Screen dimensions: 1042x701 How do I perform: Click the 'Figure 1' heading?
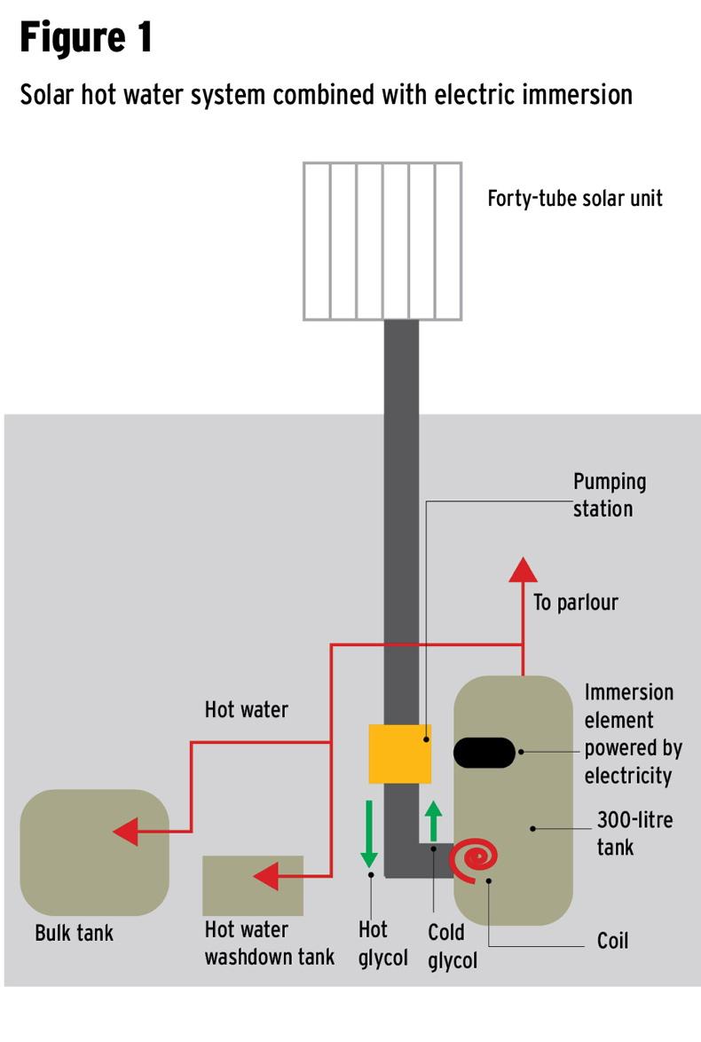click(x=86, y=39)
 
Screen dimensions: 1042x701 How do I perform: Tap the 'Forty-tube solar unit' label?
click(x=574, y=198)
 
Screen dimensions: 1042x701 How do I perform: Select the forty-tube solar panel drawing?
click(x=382, y=241)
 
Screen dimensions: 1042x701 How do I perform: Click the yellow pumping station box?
click(x=399, y=754)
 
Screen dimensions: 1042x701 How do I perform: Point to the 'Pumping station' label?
click(x=609, y=495)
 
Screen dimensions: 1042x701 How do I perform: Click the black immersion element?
click(x=484, y=752)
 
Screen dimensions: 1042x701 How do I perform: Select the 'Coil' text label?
click(x=612, y=941)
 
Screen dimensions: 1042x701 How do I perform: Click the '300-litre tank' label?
click(x=634, y=833)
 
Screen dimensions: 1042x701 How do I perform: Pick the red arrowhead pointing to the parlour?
click(x=523, y=570)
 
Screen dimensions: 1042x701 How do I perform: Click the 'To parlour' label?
click(x=575, y=603)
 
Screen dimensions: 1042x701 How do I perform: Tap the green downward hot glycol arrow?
click(x=369, y=834)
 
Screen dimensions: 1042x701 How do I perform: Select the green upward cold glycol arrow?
click(x=433, y=821)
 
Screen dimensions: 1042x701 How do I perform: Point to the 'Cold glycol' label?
click(x=452, y=947)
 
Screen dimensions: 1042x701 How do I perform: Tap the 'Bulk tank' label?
click(x=75, y=934)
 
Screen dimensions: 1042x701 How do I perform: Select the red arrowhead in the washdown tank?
click(x=266, y=877)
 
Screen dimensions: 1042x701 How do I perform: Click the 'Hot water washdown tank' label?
click(x=269, y=943)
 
